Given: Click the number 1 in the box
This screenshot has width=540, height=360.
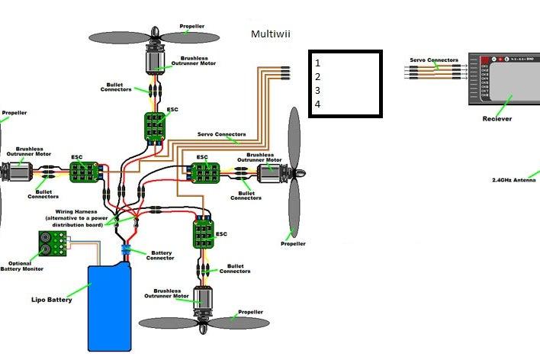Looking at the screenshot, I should [317, 63].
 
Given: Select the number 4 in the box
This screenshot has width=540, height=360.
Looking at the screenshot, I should [317, 104].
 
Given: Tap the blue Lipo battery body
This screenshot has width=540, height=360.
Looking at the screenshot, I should [111, 305].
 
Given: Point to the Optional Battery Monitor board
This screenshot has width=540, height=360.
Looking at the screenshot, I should [53, 243].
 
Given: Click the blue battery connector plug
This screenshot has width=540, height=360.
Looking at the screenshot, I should [125, 250].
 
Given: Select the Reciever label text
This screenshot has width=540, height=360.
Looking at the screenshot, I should [497, 119].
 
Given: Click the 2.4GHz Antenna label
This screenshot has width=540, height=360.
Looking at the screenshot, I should [514, 180].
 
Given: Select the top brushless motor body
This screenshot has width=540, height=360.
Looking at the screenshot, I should [156, 58].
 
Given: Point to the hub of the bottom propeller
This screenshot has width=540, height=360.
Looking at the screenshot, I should [204, 323].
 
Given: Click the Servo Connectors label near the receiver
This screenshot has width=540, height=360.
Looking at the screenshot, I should [433, 59].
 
